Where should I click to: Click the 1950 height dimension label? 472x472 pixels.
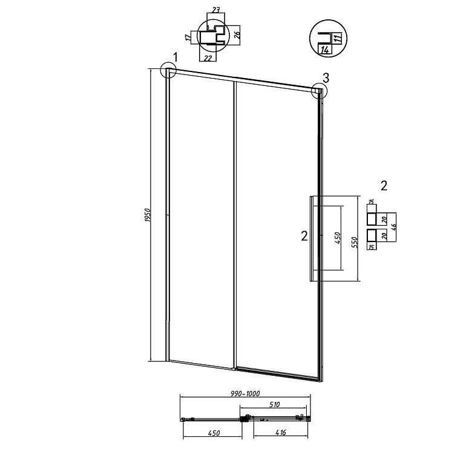pos(147,215)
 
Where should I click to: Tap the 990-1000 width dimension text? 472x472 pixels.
pos(245,393)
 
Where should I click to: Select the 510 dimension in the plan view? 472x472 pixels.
pos(275,405)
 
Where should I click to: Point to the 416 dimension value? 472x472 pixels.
pos(281,433)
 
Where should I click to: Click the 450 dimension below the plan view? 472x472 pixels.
pos(214,433)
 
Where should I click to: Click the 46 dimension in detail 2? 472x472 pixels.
pos(393,228)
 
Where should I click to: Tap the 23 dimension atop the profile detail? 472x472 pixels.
pos(215,10)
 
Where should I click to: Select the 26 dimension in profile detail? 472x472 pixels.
pos(237,36)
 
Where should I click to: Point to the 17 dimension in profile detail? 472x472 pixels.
pos(188,38)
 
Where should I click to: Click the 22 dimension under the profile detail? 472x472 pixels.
pos(208,58)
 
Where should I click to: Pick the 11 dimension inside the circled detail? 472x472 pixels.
pos(338,38)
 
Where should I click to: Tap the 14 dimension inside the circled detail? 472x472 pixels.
pos(325,50)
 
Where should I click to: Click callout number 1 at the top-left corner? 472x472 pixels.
pos(175,57)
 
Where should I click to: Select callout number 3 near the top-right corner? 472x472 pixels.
pos(326,78)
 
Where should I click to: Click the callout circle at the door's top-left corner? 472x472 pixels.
pos(168,70)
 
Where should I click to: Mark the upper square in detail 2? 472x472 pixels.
pos(372,219)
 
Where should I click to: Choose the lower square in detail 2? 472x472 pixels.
pos(372,236)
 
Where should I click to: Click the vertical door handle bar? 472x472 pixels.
pos(312,238)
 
